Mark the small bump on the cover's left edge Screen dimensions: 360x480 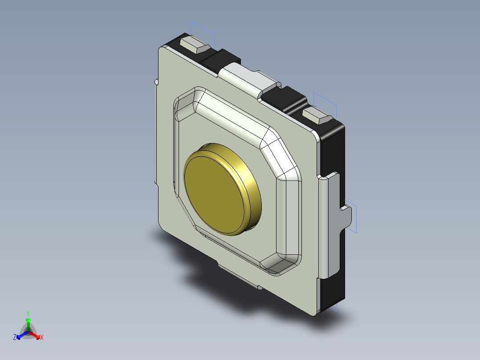coord(156,82)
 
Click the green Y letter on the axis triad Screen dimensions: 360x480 coord(28,313)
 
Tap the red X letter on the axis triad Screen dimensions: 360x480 coord(42,338)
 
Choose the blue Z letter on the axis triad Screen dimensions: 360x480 coord(15,337)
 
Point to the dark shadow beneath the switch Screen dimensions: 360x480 coord(209,276)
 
